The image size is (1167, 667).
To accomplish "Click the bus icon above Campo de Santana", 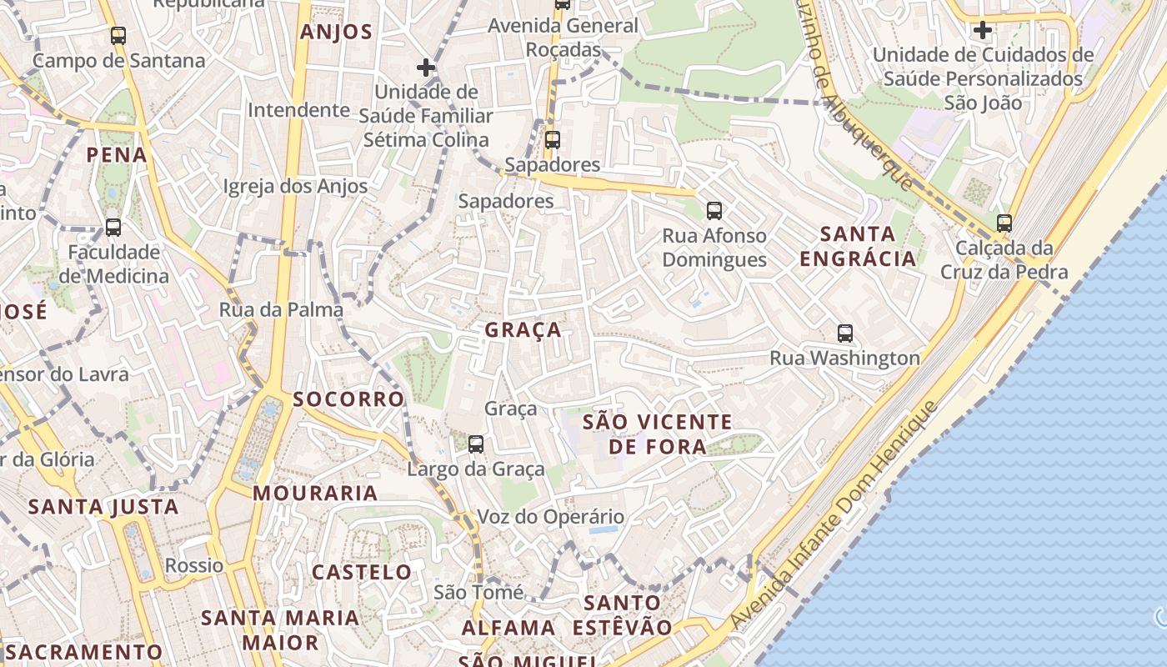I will point(118,36).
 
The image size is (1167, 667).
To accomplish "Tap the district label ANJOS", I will point(336,33).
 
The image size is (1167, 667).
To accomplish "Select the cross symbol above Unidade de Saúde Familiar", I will point(426,68).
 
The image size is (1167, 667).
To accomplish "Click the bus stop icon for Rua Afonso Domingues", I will point(714,211).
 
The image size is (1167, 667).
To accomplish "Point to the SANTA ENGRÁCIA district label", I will point(858,246).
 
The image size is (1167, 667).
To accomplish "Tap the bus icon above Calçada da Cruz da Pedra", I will point(1004,223).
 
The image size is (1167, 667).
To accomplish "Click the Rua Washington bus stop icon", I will point(845,333).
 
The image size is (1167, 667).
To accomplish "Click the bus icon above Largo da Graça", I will point(476,444).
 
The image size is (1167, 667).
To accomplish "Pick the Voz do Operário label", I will point(550,517).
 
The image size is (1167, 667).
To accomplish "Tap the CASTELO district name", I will point(362,572).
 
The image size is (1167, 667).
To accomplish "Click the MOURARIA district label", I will point(315,494).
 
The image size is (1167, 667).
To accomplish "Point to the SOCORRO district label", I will point(348,399).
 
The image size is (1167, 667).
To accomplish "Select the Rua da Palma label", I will point(281,310).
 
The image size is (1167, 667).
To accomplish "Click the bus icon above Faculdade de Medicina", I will point(113,228).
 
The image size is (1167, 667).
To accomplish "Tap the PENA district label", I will point(117,155).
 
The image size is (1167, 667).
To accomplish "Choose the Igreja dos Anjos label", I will point(295,187).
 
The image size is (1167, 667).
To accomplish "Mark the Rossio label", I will point(194,565).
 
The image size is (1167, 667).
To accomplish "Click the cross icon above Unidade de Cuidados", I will point(983,30).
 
